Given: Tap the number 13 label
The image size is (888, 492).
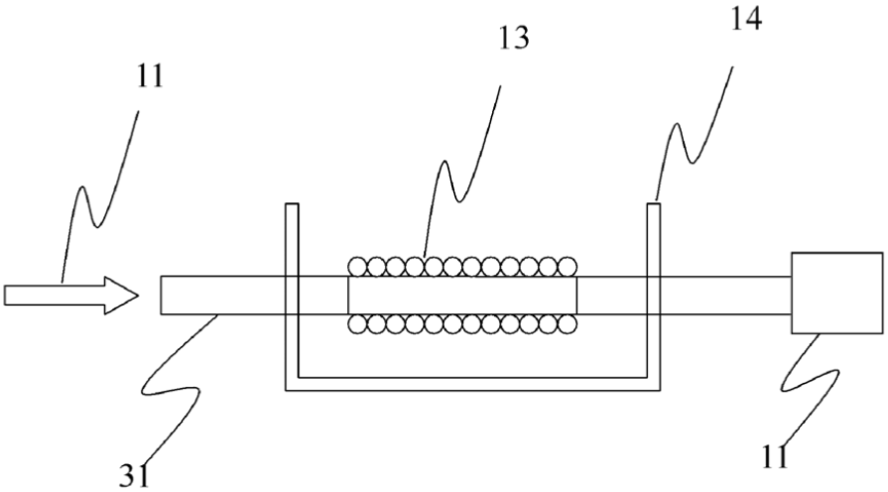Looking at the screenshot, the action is [514, 38].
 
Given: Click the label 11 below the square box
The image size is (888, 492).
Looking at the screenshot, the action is [775, 457].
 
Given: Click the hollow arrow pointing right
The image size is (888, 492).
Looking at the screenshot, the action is [71, 295].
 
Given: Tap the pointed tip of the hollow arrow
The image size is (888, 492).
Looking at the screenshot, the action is [138, 295].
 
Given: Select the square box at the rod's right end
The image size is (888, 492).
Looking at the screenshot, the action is [837, 293].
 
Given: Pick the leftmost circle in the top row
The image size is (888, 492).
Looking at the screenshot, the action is [357, 266].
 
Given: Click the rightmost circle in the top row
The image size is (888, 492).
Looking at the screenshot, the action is [568, 266].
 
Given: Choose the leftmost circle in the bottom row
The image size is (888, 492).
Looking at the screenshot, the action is [357, 323].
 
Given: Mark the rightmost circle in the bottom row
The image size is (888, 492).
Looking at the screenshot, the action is [568, 323].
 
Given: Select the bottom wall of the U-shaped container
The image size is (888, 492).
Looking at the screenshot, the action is [473, 384].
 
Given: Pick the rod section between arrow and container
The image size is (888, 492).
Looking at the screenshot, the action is [223, 295].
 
